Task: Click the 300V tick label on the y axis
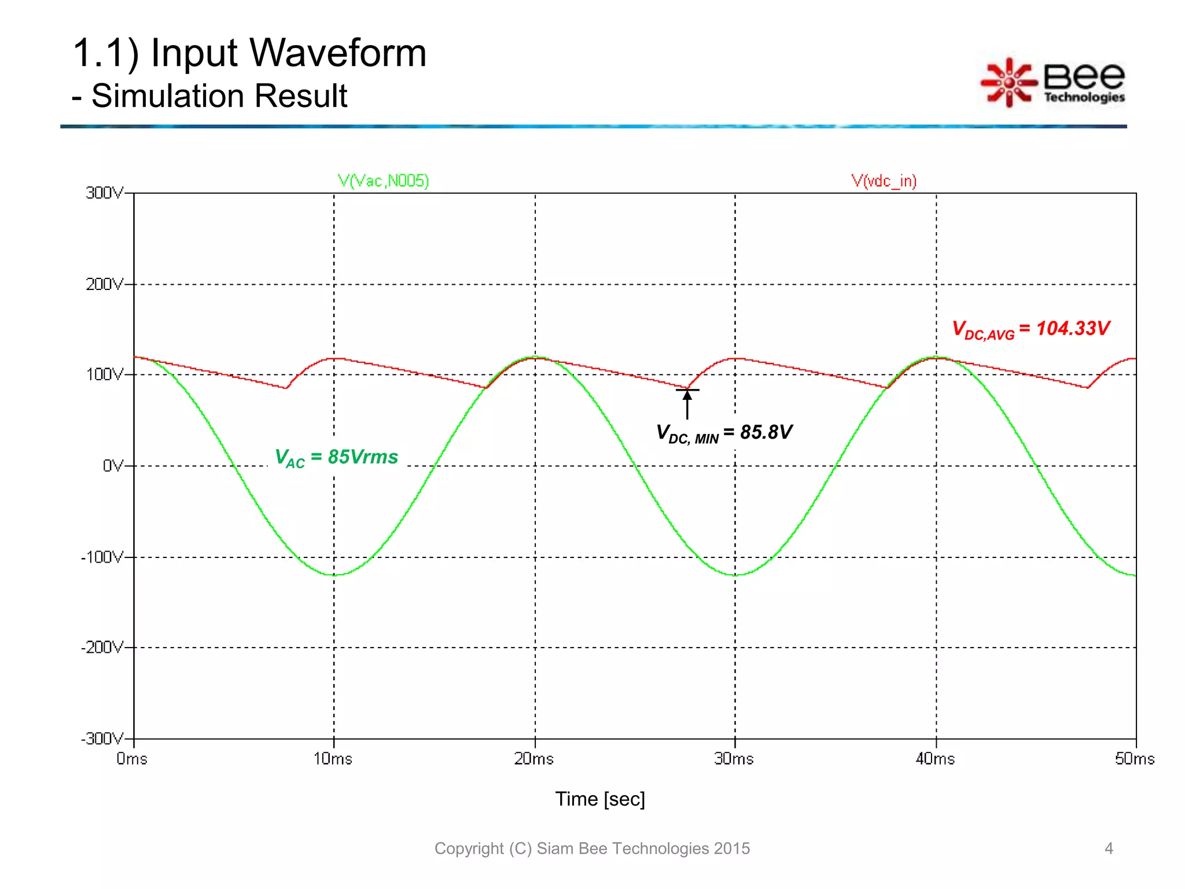click(x=104, y=193)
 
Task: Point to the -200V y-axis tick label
click(x=102, y=647)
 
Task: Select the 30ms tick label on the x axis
click(x=734, y=759)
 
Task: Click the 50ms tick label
click(x=1135, y=759)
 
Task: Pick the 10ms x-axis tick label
click(x=333, y=759)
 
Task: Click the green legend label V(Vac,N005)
click(x=383, y=181)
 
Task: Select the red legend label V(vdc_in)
click(x=884, y=181)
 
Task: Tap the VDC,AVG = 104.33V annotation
click(x=1031, y=329)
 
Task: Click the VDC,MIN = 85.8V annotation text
click(x=723, y=433)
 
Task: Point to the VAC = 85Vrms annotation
click(x=336, y=457)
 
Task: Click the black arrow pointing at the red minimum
click(x=687, y=403)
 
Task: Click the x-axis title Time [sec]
click(x=600, y=799)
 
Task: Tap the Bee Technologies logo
click(x=1052, y=83)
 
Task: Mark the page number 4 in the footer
click(x=1108, y=848)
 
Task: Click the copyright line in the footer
click(x=591, y=848)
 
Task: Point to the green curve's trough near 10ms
click(x=334, y=575)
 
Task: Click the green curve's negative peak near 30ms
click(x=735, y=575)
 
